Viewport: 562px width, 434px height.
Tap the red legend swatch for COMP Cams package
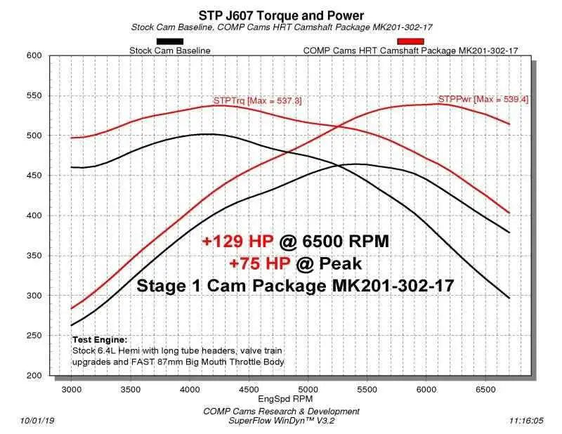(410, 41)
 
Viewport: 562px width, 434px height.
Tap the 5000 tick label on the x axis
(308, 387)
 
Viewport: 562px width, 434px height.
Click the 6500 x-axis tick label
(485, 387)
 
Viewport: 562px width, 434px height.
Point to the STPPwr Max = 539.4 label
(483, 100)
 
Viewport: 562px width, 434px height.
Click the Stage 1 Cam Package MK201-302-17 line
(295, 286)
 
